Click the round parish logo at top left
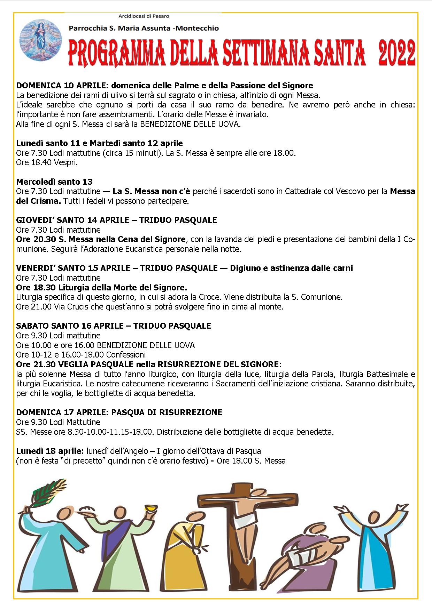pyautogui.click(x=40, y=40)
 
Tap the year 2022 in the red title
pyautogui.click(x=396, y=53)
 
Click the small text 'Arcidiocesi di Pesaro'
pyautogui.click(x=144, y=16)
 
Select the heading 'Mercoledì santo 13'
pyautogui.click(x=54, y=182)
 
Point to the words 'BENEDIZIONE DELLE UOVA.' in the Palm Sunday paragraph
pyautogui.click(x=190, y=124)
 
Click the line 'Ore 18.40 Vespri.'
pyautogui.click(x=47, y=162)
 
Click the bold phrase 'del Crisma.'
pyautogui.click(x=38, y=201)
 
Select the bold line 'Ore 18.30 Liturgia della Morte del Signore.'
pyautogui.click(x=101, y=287)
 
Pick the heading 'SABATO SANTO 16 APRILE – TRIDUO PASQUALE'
pyautogui.click(x=113, y=326)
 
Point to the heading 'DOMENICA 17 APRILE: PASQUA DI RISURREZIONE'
pyautogui.click(x=119, y=412)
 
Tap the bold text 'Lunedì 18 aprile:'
pyautogui.click(x=50, y=451)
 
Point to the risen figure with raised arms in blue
pyautogui.click(x=372, y=543)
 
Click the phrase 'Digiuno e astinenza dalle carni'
pyautogui.click(x=291, y=268)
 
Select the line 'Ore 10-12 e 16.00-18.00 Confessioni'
pyautogui.click(x=81, y=355)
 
